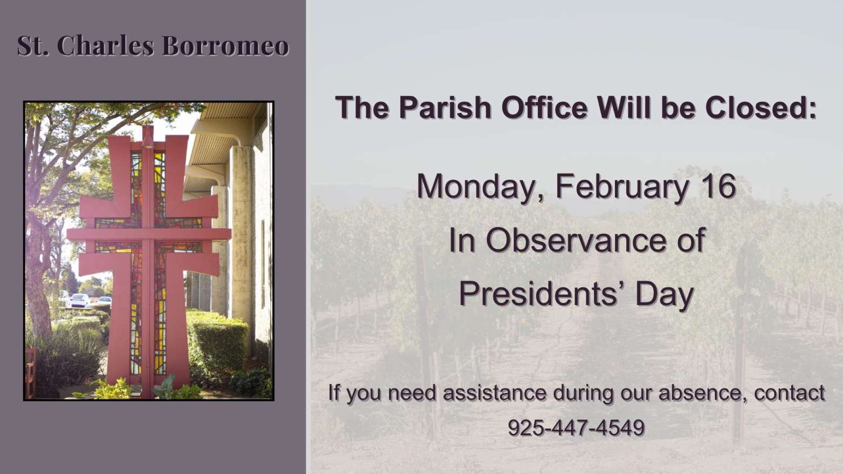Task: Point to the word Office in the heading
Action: (x=545, y=107)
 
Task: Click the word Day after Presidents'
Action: (x=665, y=294)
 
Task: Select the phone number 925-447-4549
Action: (x=576, y=428)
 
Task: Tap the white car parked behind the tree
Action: (x=80, y=300)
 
